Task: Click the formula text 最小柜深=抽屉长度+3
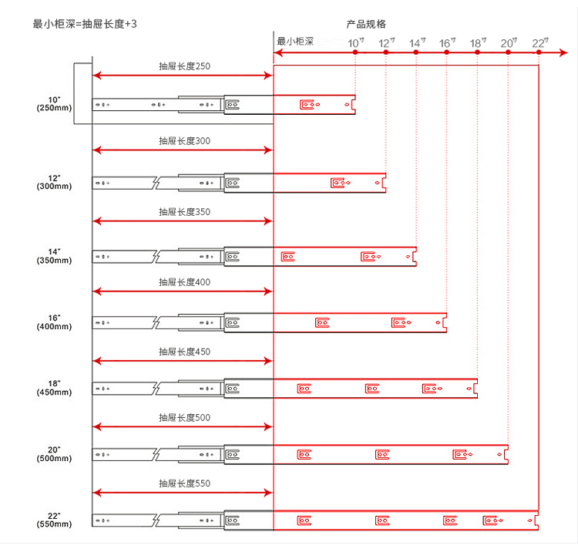85,24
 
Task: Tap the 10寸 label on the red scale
356,42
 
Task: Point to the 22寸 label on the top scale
539,42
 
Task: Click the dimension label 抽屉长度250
184,66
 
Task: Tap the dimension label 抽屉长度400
184,282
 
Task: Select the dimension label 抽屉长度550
184,483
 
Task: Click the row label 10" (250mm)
54,103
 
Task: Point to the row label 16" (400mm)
54,322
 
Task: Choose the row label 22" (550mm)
54,520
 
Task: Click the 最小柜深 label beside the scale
294,41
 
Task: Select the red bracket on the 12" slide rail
340,183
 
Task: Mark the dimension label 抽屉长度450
184,352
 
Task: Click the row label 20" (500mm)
54,454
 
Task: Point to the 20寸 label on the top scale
509,42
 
